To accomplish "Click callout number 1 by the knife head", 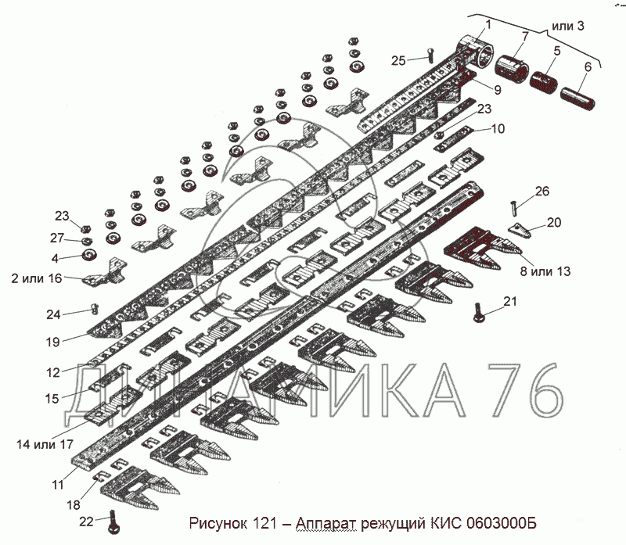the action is [x=488, y=24].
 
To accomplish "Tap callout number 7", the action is [x=524, y=37].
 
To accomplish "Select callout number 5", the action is [x=556, y=52].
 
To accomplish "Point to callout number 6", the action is [x=587, y=67].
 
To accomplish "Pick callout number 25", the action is [x=398, y=60].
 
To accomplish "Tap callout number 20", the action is [x=553, y=222].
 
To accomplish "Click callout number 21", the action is [x=510, y=301].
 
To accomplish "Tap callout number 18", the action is [x=73, y=504].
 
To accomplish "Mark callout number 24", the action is [x=52, y=315].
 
